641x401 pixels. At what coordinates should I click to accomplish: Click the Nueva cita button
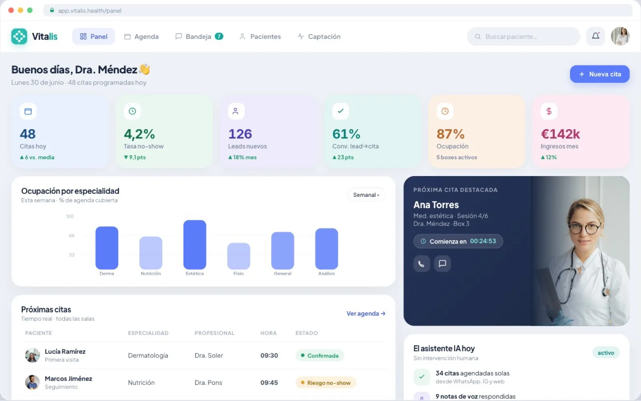(x=599, y=74)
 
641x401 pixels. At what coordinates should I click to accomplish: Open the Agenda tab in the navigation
(x=141, y=36)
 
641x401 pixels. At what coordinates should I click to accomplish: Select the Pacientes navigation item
(x=260, y=36)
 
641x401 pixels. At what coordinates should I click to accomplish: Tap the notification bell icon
(x=595, y=36)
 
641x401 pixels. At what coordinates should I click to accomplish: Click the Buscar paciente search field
(x=523, y=36)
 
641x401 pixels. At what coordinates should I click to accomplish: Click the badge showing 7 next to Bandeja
(x=219, y=36)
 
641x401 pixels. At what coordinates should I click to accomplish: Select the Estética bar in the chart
(x=195, y=245)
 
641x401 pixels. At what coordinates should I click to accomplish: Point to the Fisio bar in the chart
(x=239, y=256)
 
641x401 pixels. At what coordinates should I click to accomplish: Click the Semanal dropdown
(x=366, y=195)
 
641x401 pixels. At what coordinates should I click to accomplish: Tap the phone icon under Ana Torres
(x=421, y=263)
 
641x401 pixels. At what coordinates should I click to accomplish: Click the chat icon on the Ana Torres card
(x=442, y=263)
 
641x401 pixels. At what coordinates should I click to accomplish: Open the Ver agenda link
(x=366, y=313)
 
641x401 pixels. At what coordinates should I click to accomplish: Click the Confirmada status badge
(x=320, y=355)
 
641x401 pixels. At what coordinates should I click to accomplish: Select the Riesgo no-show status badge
(x=326, y=383)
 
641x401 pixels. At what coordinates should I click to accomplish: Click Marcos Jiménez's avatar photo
(x=32, y=383)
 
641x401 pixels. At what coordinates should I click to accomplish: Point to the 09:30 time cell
(x=269, y=355)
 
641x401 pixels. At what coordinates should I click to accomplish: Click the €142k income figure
(x=560, y=134)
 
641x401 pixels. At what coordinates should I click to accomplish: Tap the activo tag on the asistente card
(x=606, y=352)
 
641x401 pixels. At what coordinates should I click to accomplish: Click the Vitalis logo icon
(x=19, y=36)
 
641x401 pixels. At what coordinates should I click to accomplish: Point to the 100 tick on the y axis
(x=70, y=216)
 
